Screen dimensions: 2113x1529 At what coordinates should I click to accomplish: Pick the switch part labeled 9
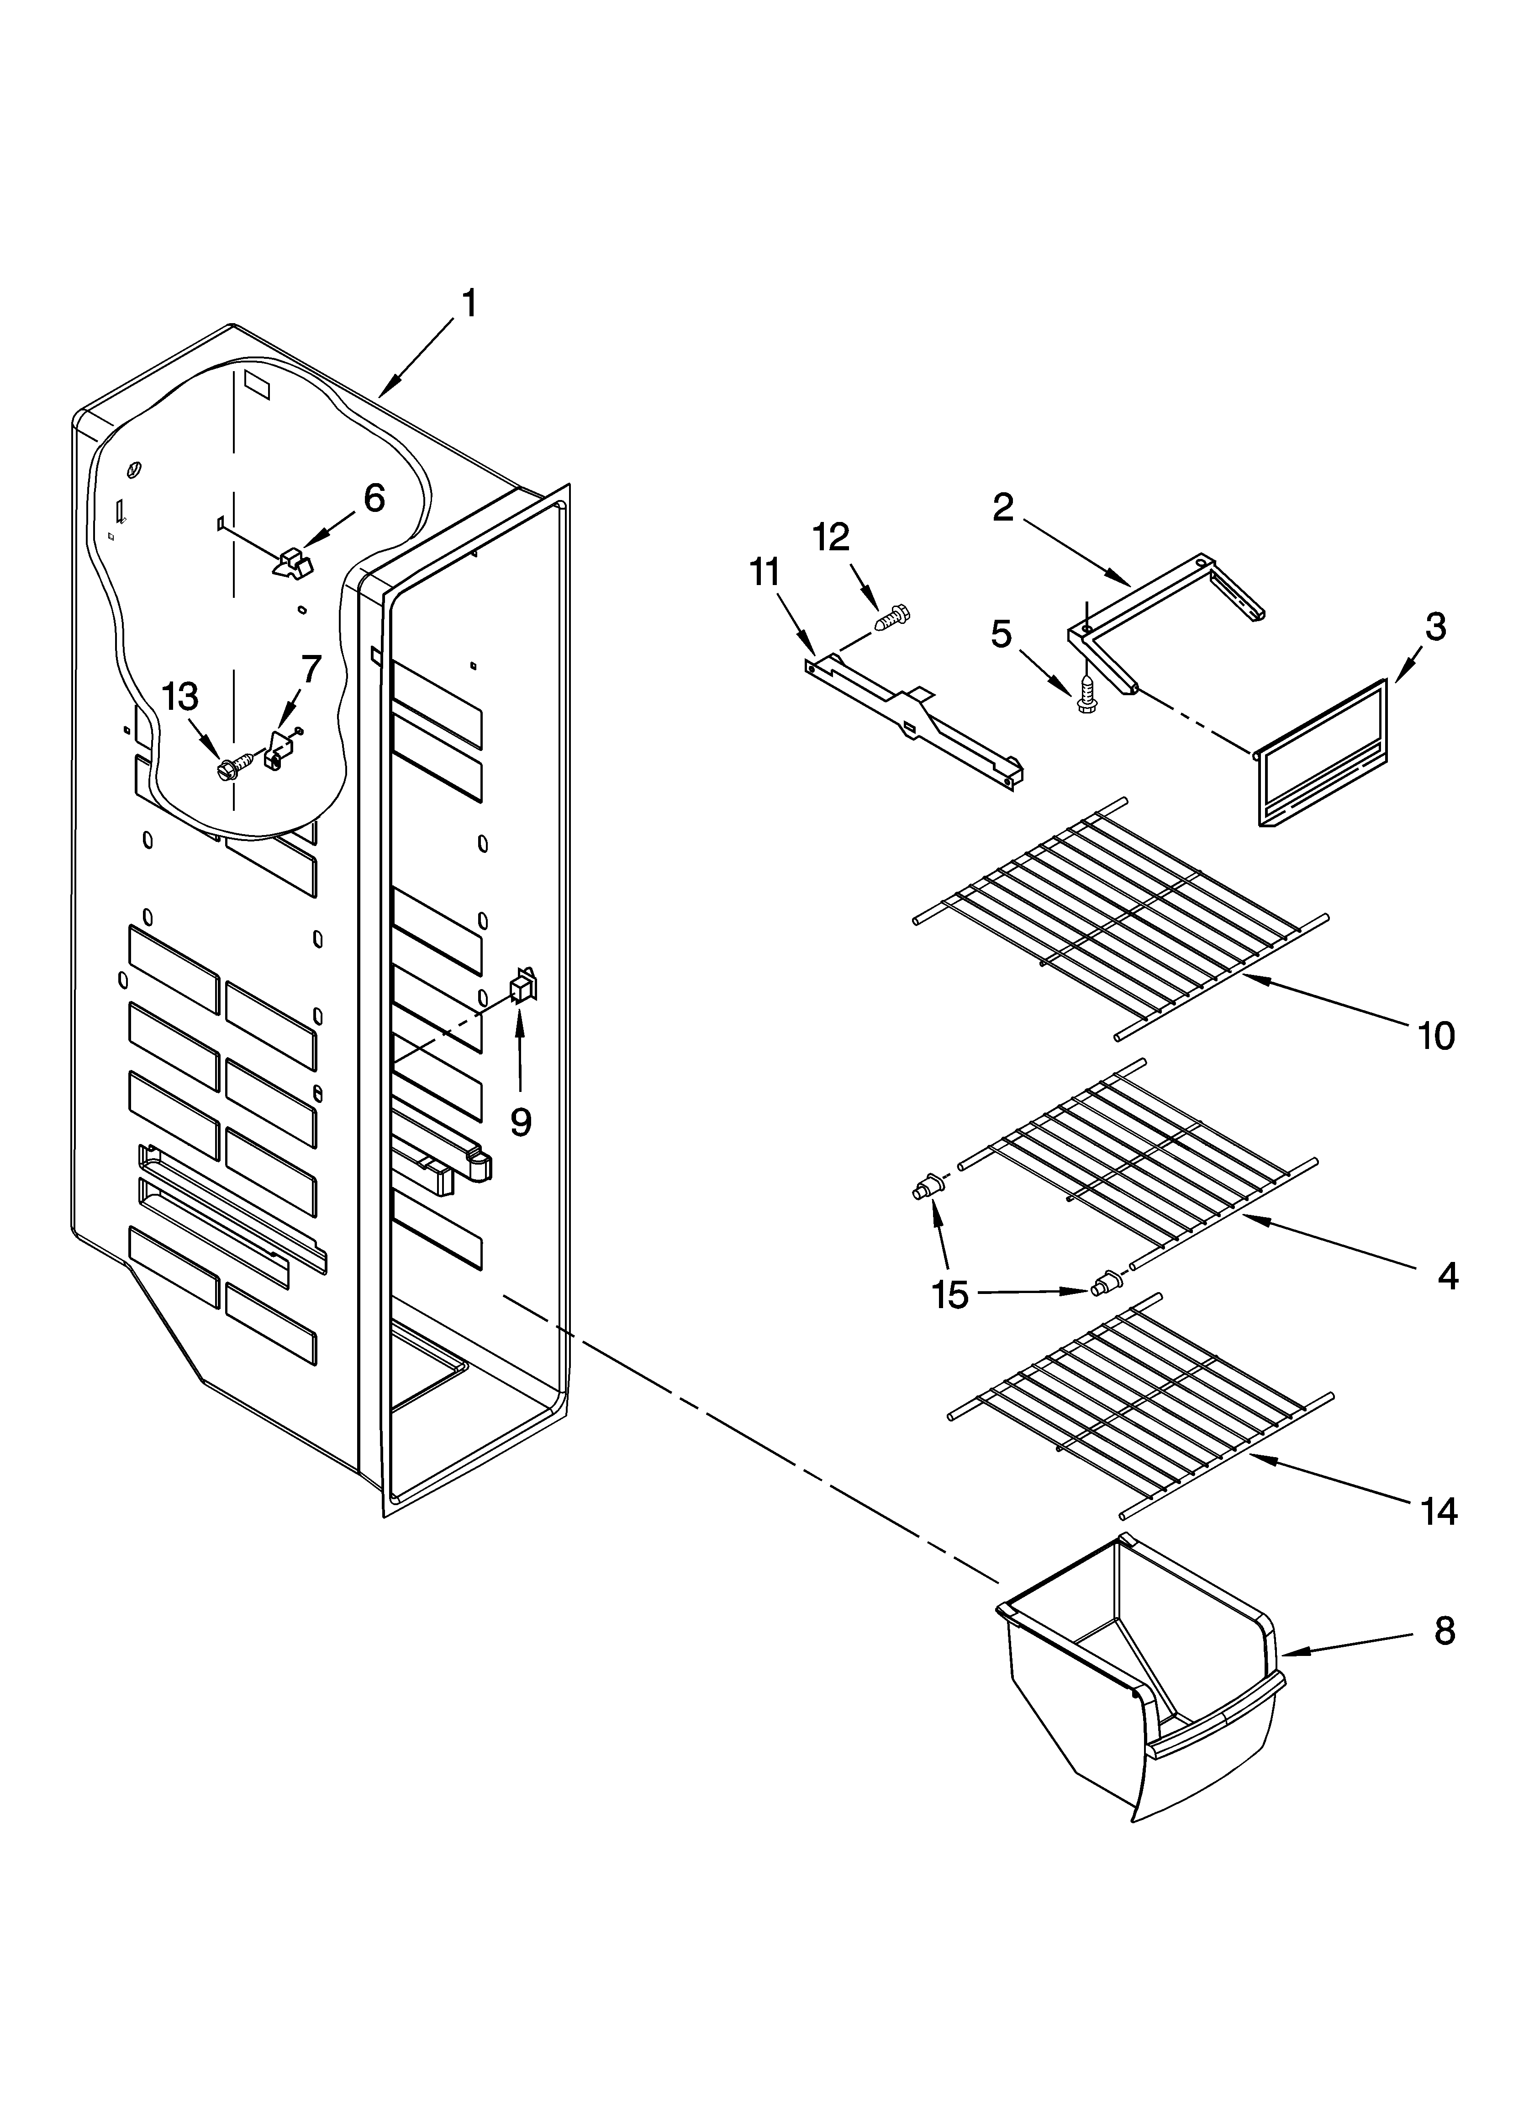click(x=523, y=984)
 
